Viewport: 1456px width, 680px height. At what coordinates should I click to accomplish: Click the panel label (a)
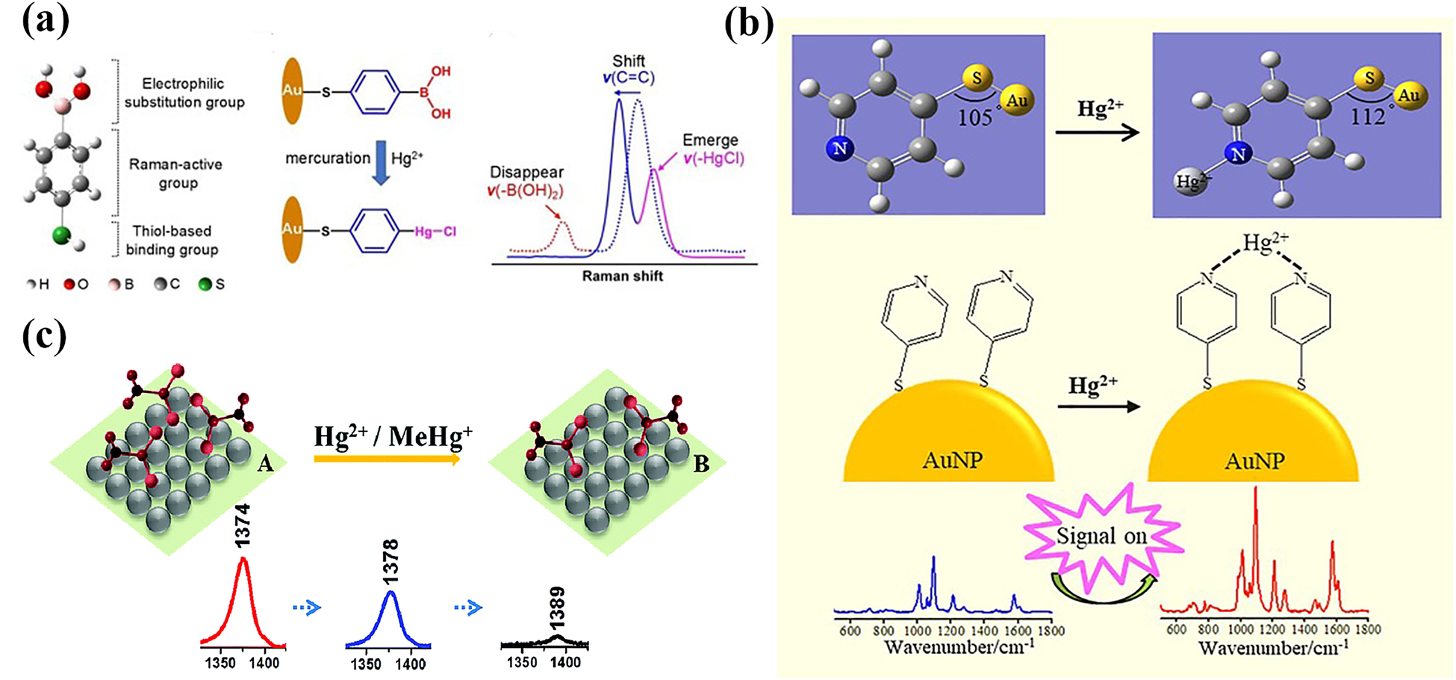46,21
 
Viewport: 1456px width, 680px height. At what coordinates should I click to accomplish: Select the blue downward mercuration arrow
380,165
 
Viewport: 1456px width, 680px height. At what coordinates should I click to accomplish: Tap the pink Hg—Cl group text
435,232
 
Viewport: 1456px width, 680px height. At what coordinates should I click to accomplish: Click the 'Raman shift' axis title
622,276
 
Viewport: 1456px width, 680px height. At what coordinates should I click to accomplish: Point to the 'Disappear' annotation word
526,173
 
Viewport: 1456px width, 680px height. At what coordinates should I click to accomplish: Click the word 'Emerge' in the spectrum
709,140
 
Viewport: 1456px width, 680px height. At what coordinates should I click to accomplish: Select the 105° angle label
976,117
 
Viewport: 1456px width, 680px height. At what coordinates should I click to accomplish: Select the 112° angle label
1367,117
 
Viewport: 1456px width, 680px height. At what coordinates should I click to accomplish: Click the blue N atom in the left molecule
840,149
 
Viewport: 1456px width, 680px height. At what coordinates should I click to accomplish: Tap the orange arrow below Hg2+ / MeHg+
387,460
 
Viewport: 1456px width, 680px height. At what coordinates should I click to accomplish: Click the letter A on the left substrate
264,465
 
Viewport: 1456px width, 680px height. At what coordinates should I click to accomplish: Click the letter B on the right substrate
701,465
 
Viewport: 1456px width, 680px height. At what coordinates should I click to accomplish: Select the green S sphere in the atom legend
205,284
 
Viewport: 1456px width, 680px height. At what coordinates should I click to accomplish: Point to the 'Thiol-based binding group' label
172,240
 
